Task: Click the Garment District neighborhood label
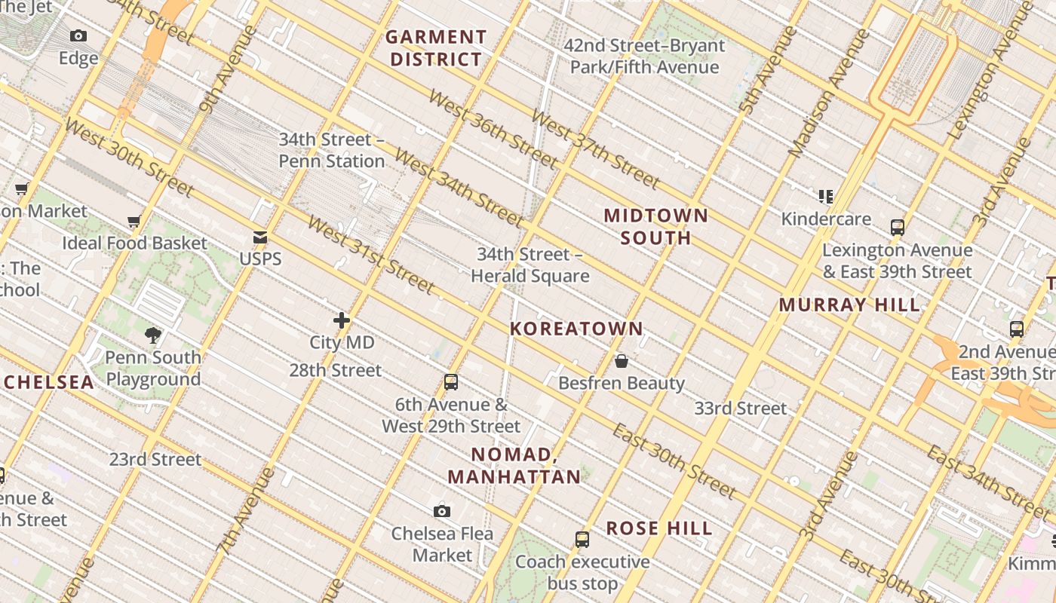coord(436,48)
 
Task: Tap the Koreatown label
coord(576,329)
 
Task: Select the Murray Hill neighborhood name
coord(849,305)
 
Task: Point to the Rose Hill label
coord(659,528)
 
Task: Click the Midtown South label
coord(655,227)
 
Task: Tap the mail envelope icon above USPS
coord(260,237)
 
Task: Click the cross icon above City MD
coord(342,320)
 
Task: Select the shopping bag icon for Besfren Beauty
coord(622,361)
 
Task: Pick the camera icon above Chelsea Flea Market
coord(442,512)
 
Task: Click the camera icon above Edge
coord(78,36)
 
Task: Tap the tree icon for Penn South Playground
coord(153,335)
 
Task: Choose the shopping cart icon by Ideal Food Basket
coord(134,222)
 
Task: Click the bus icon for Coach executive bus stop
coord(582,540)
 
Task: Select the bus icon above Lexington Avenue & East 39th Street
coord(897,228)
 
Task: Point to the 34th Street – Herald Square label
coord(530,265)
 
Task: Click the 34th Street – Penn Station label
coord(332,150)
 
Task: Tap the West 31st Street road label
coord(371,256)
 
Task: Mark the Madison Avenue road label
coord(828,93)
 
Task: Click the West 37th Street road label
coord(595,148)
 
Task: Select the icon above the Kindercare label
coord(826,197)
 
